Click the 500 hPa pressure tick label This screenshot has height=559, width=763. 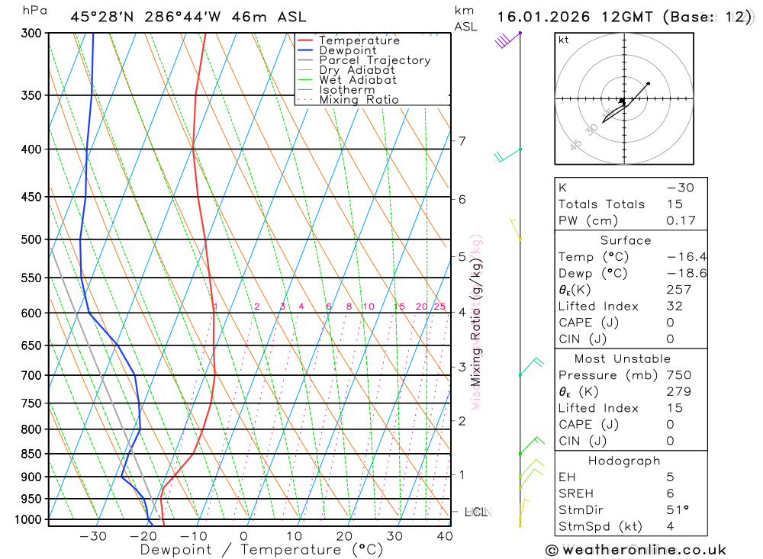(x=31, y=239)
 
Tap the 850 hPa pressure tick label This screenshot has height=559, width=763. (x=31, y=454)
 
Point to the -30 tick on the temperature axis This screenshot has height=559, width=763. (x=93, y=536)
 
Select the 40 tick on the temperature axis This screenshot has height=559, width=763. (x=444, y=536)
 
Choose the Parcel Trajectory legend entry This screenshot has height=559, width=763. (x=375, y=60)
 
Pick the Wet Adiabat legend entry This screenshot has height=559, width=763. (x=358, y=80)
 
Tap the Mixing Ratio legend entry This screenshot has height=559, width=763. (x=359, y=100)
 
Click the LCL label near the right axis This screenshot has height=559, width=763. (x=476, y=512)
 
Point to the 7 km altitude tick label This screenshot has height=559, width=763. (x=462, y=140)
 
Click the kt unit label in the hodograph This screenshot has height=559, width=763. (x=564, y=40)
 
